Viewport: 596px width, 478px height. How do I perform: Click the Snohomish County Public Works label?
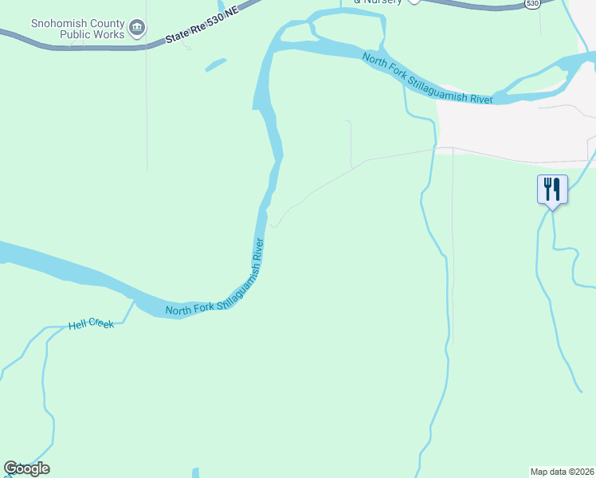[78, 29]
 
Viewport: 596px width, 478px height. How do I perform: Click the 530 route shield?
[531, 5]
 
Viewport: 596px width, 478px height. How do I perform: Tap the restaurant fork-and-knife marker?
[552, 190]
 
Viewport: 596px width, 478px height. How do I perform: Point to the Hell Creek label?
[92, 324]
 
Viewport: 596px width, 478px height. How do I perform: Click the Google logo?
[26, 468]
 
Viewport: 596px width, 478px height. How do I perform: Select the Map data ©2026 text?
[563, 472]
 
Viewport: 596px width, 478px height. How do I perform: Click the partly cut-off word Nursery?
[378, 2]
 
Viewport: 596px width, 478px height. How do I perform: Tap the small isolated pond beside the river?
[216, 65]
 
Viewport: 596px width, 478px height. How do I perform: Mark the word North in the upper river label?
[376, 61]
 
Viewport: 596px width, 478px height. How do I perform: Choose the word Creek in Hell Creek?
[103, 323]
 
